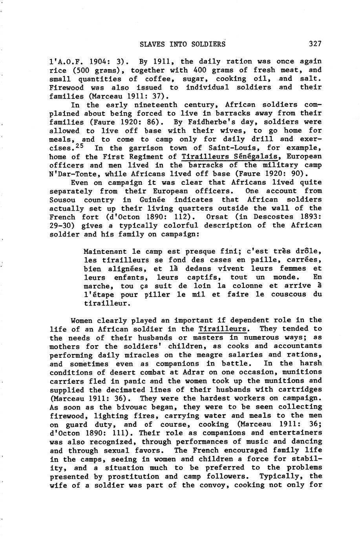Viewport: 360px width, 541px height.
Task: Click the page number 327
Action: tap(315, 44)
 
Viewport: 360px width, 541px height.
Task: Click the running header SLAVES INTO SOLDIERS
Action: tap(183, 44)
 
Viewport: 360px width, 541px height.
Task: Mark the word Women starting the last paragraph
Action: tap(83, 321)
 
